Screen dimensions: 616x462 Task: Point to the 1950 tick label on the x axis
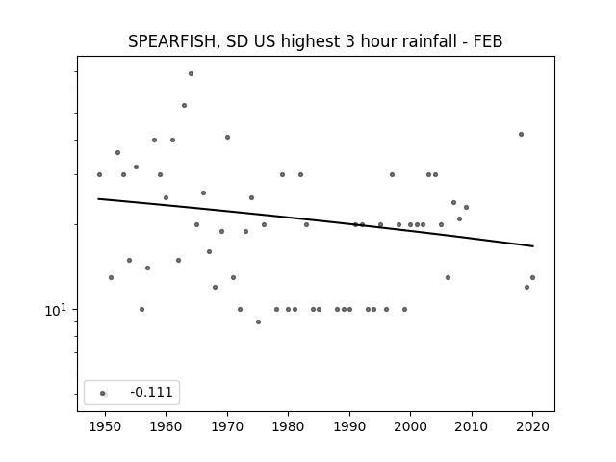click(x=105, y=426)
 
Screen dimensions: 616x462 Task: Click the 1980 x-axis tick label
click(x=288, y=426)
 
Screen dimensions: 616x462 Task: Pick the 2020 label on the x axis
click(x=532, y=426)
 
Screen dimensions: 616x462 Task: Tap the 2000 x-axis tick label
click(x=410, y=426)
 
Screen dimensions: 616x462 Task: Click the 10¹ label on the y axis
click(x=56, y=310)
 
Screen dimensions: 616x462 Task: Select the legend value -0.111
click(x=151, y=392)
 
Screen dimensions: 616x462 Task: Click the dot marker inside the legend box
click(x=103, y=394)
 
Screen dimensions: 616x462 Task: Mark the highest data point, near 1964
click(x=191, y=73)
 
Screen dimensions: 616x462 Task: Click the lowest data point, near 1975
click(x=258, y=321)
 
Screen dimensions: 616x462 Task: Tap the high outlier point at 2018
click(x=521, y=135)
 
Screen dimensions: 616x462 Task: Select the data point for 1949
click(x=99, y=175)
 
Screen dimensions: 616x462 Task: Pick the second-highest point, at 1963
click(x=184, y=105)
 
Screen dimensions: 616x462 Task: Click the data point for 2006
click(x=448, y=278)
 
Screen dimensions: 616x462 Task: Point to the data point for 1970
click(x=227, y=137)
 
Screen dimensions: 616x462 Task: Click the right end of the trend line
click(x=533, y=246)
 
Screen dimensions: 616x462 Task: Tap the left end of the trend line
click(x=98, y=199)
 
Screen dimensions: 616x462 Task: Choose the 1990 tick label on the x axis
click(x=349, y=426)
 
